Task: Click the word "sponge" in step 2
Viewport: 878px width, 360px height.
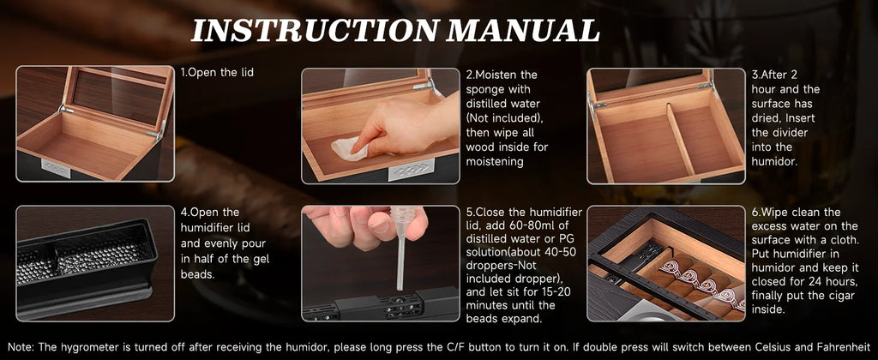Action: pyautogui.click(x=485, y=88)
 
